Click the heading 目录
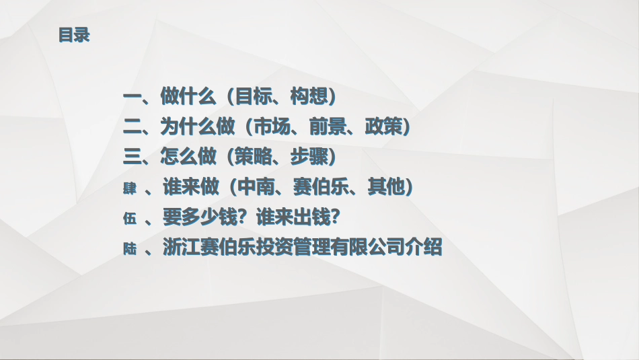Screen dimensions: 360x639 [73, 35]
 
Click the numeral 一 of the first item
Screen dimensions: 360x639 [132, 96]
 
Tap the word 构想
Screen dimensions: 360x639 [308, 96]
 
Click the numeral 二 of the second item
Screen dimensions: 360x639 [132, 127]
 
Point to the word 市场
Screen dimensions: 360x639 [270, 127]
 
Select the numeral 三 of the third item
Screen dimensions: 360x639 [132, 157]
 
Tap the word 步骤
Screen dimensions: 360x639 [308, 157]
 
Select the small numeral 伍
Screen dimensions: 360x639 [130, 219]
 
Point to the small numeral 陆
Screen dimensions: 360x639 [130, 249]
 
